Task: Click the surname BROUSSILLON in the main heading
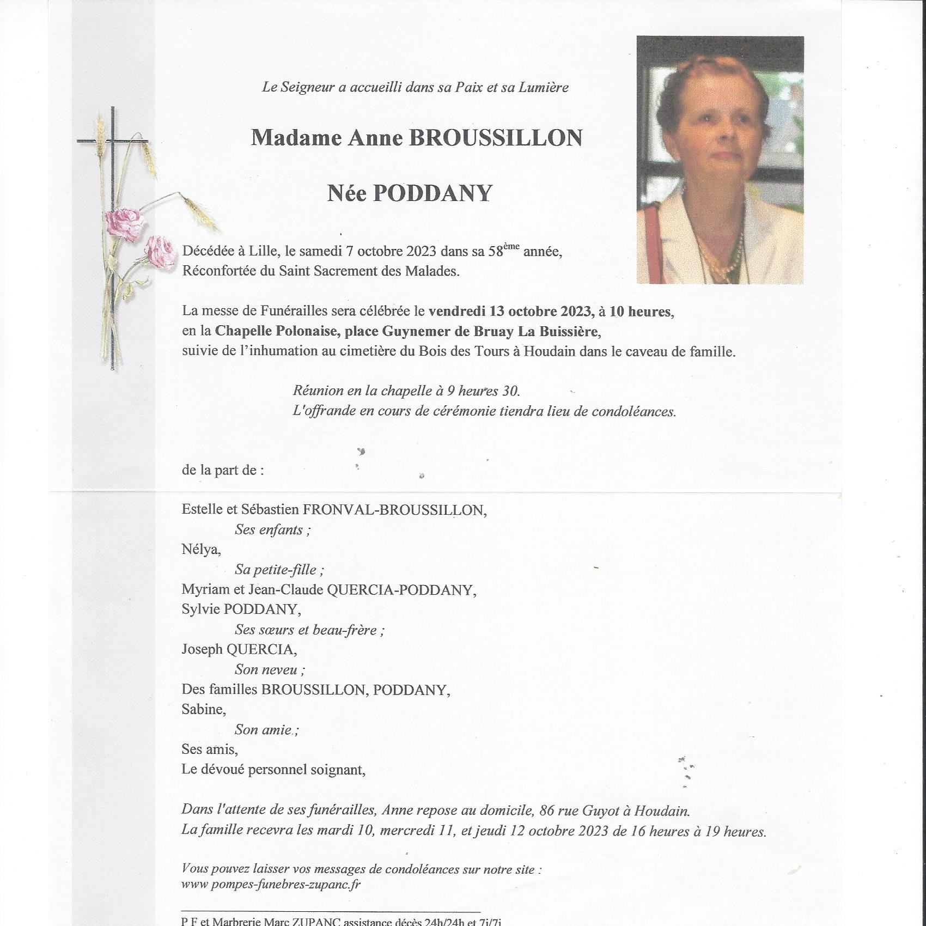click(x=495, y=138)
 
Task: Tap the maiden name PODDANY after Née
click(x=432, y=193)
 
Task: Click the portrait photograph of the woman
click(x=720, y=160)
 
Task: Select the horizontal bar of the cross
click(x=113, y=141)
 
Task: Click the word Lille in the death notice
click(x=263, y=251)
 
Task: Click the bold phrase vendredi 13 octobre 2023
click(x=510, y=312)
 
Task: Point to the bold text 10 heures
click(x=640, y=312)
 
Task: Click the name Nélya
click(x=201, y=550)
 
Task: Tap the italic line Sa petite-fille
click(x=279, y=570)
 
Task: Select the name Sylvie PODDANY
click(x=241, y=610)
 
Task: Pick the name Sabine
click(x=203, y=709)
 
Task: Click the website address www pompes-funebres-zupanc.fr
click(x=271, y=884)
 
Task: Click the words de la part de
click(x=223, y=470)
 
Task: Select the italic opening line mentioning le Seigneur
click(x=415, y=87)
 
